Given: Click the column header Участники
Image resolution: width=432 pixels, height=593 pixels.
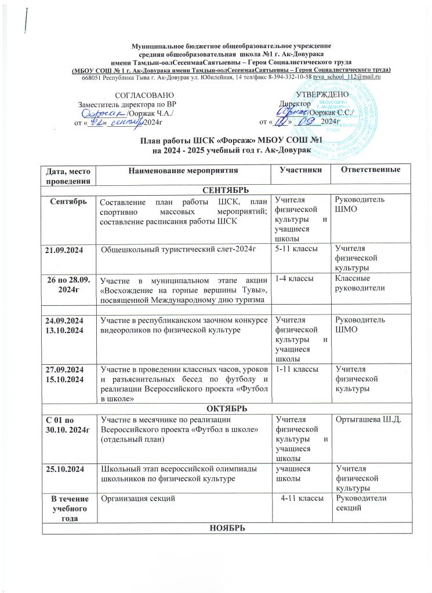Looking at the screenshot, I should click(298, 170).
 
